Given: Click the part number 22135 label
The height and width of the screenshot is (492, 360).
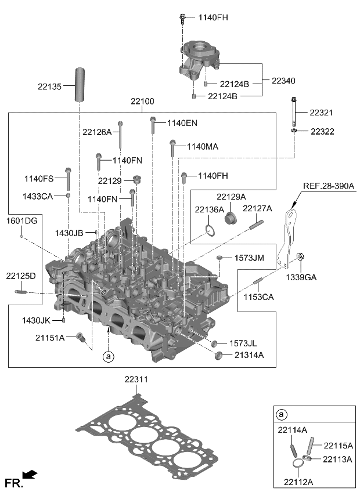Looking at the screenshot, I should pos(49,86).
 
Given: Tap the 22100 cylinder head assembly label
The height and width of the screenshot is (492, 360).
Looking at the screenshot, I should pos(142,102).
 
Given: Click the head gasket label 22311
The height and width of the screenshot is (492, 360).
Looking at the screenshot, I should pos(135,380).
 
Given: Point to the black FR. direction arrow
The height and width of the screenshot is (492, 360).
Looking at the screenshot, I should pos(30,475).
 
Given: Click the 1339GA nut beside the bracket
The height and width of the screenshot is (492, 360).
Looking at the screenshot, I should pos(301,257).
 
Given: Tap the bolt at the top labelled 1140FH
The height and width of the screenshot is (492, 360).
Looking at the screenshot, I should pos(182,18).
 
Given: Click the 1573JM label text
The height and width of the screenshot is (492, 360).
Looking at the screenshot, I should pos(249,257).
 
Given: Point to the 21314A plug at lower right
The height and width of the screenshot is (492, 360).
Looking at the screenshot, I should pos(219,355).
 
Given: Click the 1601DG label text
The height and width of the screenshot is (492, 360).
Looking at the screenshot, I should pos(21,220).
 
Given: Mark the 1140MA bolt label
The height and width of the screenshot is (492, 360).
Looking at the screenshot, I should pos(202,147).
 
